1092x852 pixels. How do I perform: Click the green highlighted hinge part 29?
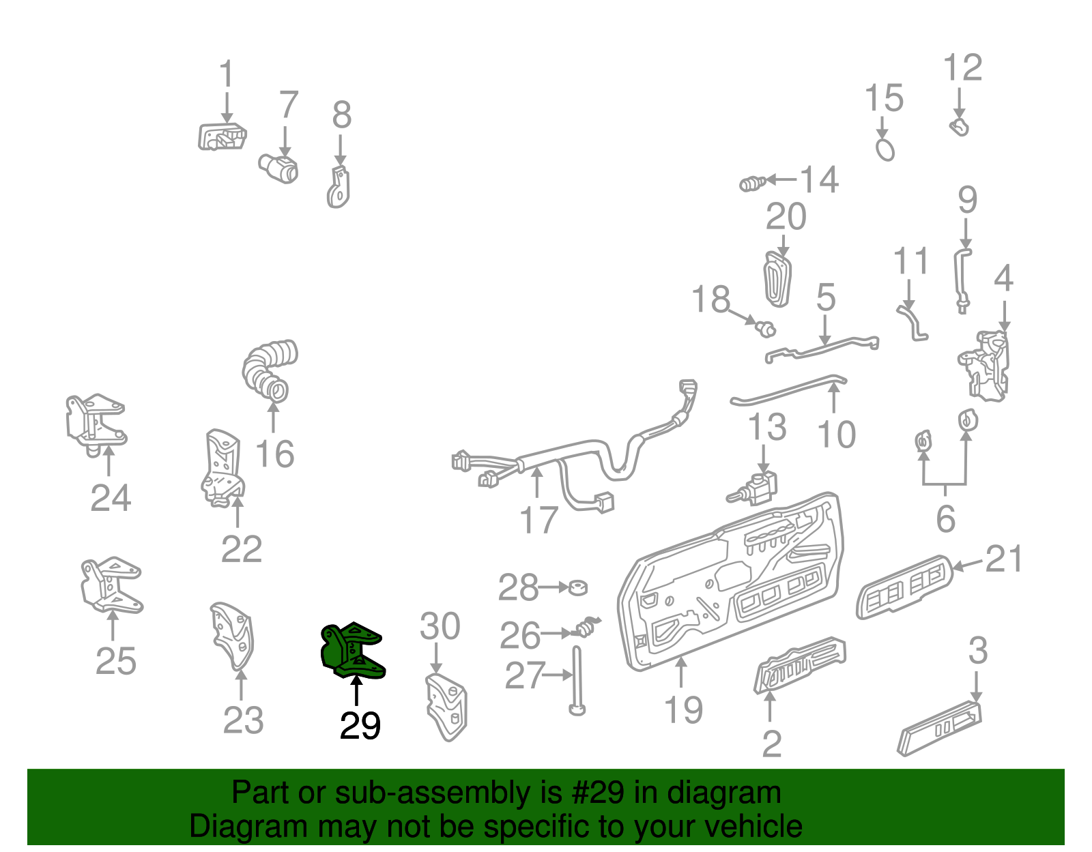351,651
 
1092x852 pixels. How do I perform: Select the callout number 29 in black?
360,726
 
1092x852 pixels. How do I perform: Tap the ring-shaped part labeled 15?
885,149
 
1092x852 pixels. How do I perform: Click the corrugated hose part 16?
269,368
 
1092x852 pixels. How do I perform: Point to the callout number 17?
538,520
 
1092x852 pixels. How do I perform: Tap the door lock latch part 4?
985,366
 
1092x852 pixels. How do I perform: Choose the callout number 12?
962,68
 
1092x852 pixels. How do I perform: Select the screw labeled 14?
752,183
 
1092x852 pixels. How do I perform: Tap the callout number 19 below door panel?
683,709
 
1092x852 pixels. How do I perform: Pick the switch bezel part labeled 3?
941,729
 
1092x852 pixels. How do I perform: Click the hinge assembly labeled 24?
96,422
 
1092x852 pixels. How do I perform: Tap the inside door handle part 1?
222,136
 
